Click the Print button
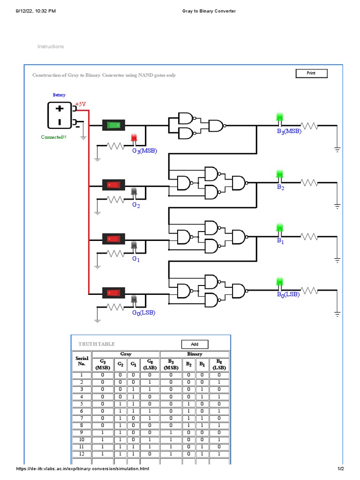[x=311, y=73]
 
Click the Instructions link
[x=51, y=46]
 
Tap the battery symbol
[x=60, y=115]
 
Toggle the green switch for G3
[x=114, y=125]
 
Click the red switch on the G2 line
[x=114, y=185]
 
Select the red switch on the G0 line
[x=114, y=293]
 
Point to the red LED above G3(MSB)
[x=134, y=138]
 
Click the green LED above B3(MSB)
[x=280, y=117]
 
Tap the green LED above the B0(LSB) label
[x=280, y=282]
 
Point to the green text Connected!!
[x=53, y=137]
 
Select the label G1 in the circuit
[x=135, y=259]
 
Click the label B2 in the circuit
[x=280, y=187]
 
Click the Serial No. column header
[x=82, y=361]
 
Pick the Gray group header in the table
[x=126, y=354]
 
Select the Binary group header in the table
[x=195, y=354]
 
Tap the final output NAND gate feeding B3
[x=216, y=126]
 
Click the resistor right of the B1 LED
[x=309, y=237]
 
